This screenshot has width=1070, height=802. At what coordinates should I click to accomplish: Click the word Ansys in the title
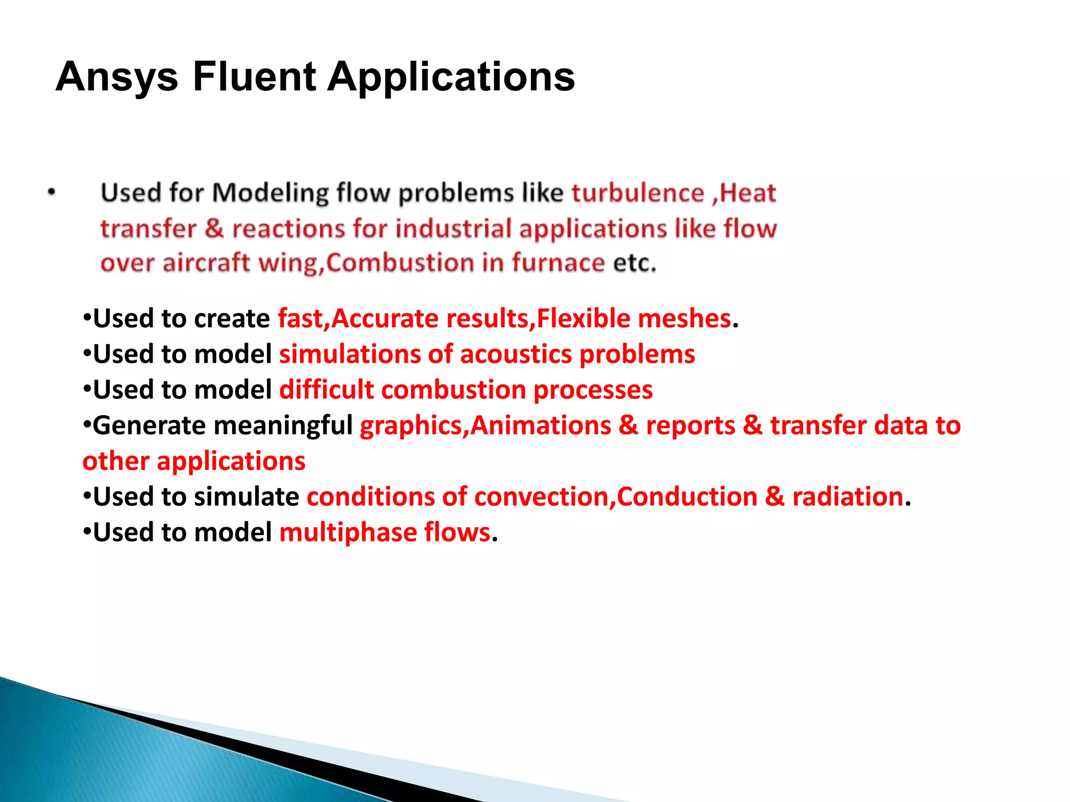point(117,77)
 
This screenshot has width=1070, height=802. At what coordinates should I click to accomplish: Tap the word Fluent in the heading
point(254,77)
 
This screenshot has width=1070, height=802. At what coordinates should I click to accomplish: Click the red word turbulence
point(638,193)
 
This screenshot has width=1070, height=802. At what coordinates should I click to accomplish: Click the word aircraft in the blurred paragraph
point(206,263)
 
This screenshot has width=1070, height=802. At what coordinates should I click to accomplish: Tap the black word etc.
point(634,263)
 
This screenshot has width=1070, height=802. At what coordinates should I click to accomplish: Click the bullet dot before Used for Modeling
point(51,193)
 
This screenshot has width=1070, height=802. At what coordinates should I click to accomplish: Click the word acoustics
point(516,355)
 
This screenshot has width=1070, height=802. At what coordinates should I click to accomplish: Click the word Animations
point(541,426)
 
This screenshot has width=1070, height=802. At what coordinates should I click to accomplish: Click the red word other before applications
point(116,462)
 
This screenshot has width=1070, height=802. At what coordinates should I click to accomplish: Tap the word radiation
point(847,497)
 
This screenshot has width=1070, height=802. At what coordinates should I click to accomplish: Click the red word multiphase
point(347,533)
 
